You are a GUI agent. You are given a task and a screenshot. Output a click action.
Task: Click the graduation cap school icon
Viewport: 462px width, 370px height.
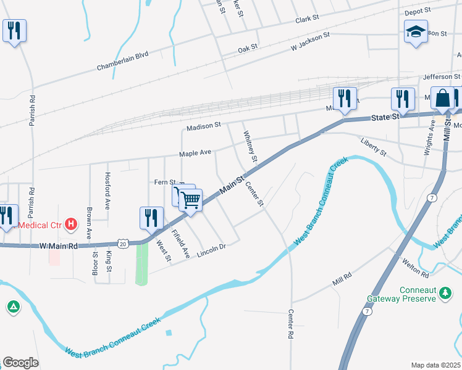(416, 31)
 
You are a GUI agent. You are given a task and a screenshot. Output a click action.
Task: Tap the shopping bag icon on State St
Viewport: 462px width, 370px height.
(443, 99)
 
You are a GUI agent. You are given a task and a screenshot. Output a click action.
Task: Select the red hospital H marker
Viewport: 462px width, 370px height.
(72, 224)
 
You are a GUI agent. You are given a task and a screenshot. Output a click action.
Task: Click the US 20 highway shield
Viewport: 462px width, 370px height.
(124, 244)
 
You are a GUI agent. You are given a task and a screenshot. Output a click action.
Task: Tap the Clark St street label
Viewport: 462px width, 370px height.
(306, 20)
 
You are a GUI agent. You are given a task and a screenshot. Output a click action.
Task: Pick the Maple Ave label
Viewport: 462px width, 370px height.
(195, 152)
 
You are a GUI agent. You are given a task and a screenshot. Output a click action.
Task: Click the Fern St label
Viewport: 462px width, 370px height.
(165, 182)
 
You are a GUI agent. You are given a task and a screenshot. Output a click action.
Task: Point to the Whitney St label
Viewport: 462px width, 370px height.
(250, 147)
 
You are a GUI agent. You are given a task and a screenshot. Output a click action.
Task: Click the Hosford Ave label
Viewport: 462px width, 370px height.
(107, 191)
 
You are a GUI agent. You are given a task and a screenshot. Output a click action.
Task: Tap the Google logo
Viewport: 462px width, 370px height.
(20, 363)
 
